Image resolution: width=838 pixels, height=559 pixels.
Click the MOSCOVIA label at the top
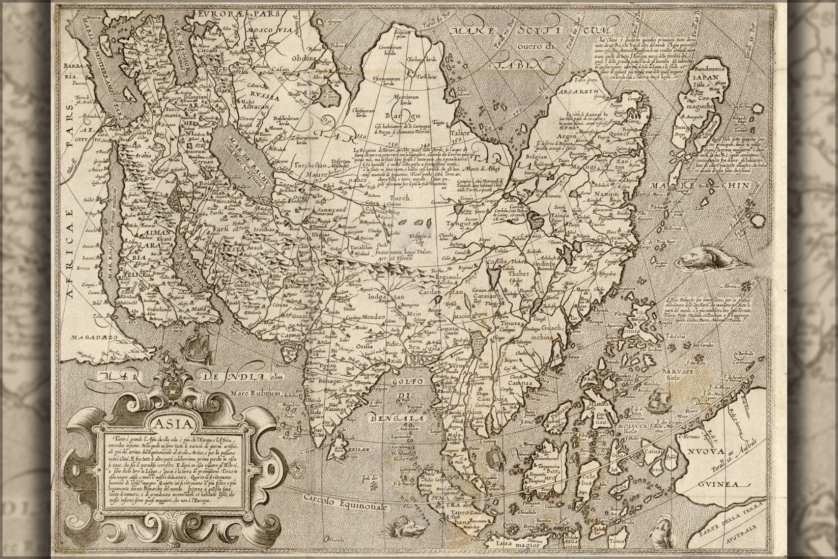coord(268,31)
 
